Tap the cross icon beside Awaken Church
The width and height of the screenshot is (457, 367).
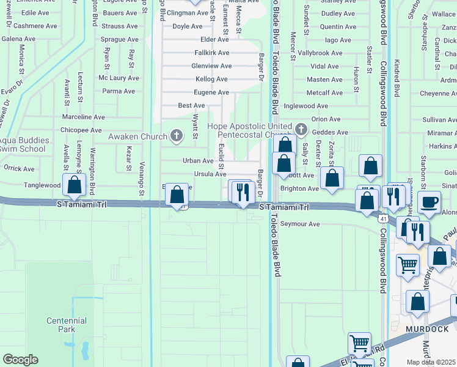(177, 135)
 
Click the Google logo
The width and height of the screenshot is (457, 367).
(20, 360)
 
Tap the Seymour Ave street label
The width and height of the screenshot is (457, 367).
(300, 224)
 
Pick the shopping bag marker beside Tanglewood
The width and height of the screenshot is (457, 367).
(74, 185)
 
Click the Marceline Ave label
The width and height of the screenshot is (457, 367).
(84, 117)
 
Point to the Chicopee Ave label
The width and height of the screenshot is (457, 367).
(81, 130)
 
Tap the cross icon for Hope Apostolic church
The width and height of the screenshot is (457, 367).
(301, 129)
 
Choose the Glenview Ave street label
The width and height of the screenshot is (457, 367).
(211, 66)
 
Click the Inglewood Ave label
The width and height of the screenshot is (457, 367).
(305, 106)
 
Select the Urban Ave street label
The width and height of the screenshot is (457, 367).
(198, 161)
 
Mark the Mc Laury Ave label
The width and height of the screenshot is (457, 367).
(119, 78)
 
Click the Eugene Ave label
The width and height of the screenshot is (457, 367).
(211, 92)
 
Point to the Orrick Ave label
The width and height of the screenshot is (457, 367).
(19, 168)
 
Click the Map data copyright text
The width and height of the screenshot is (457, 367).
(431, 362)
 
